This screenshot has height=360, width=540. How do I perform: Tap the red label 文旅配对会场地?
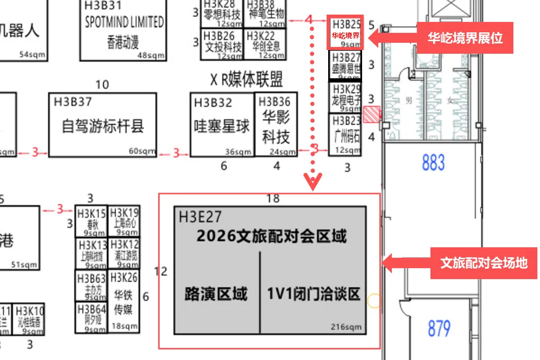pyautogui.click(x=483, y=263)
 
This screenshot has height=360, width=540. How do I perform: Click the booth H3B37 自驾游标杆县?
pyautogui.click(x=102, y=125)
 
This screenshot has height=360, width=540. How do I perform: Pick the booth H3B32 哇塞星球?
pyautogui.click(x=222, y=125)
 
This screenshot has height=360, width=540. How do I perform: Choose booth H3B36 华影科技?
pyautogui.click(x=276, y=125)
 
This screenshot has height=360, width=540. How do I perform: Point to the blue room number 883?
pyautogui.click(x=433, y=163)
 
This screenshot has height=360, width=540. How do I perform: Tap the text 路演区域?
pyautogui.click(x=216, y=294)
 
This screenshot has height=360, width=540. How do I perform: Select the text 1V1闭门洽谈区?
pyautogui.click(x=314, y=294)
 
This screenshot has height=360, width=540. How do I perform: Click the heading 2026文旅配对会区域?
pyautogui.click(x=271, y=236)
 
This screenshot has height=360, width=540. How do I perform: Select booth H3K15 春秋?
pyautogui.click(x=91, y=221)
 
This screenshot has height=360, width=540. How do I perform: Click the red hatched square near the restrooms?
pyautogui.click(x=371, y=114)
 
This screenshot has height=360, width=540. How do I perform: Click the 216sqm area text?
pyautogui.click(x=346, y=327)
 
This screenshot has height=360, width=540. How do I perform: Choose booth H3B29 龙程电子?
pyautogui.click(x=345, y=97)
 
